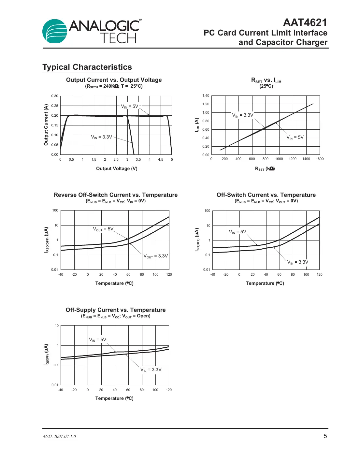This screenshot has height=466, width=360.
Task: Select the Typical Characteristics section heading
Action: (87, 67)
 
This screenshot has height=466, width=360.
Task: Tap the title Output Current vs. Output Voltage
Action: (114, 80)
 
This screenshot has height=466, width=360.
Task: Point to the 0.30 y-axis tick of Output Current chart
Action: (54, 96)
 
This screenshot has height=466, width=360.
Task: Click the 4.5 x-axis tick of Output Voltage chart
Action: (161, 160)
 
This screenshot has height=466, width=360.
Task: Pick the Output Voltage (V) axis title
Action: (117, 168)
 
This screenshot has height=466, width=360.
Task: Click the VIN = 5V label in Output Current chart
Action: (130, 106)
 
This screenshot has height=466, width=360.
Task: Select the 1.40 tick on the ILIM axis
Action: (206, 96)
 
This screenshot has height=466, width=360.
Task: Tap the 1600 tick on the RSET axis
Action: (320, 159)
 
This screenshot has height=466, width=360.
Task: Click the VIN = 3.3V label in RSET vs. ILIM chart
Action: (242, 115)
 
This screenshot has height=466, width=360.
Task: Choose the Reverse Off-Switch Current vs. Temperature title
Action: (116, 195)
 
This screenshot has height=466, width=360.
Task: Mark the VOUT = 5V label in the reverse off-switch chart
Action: (103, 229)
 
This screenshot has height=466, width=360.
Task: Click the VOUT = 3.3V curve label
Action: (156, 256)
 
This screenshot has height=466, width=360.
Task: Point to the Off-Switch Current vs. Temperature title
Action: (266, 195)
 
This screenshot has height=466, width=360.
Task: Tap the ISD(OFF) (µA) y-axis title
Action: (197, 240)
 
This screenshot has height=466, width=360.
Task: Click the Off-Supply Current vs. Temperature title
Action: (116, 310)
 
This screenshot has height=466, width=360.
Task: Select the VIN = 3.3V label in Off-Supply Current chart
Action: (151, 370)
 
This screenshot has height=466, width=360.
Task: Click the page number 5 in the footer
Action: (325, 436)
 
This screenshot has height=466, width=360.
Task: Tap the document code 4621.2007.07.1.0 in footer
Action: (59, 437)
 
